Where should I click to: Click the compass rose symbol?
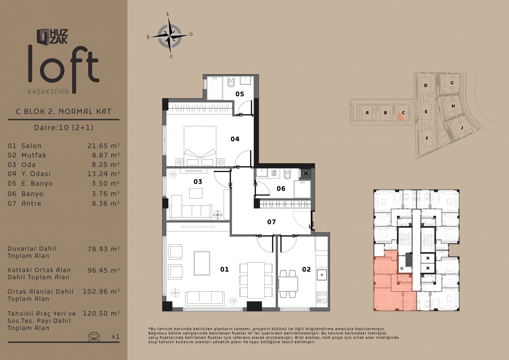[170, 35]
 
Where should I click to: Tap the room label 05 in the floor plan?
[240, 94]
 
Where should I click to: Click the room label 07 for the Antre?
[271, 222]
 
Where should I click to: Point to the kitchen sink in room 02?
[322, 275]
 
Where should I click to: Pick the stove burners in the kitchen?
[322, 297]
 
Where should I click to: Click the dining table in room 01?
[256, 280]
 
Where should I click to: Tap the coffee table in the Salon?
[202, 263]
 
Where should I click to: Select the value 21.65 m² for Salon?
[103, 145]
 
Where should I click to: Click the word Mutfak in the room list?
[34, 155]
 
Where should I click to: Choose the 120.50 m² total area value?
[101, 313]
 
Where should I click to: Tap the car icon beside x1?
[94, 336]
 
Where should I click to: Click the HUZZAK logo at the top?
[53, 36]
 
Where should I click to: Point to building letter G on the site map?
[452, 83]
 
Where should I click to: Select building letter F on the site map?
[427, 138]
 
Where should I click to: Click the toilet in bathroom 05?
[231, 82]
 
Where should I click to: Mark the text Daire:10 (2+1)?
[64, 127]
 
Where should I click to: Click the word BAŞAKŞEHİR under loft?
[48, 92]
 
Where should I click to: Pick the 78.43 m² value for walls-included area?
[103, 249]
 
